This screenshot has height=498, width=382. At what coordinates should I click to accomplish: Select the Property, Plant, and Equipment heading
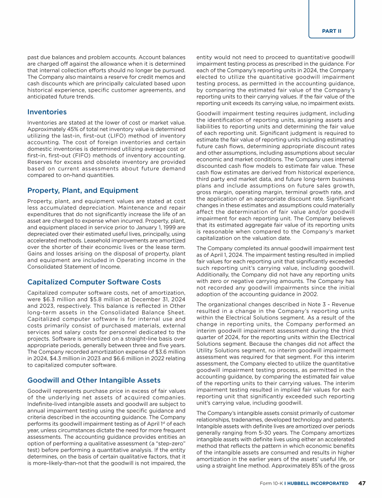coord(83,190)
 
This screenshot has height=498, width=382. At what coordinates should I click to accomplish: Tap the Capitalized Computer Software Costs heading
coord(94,282)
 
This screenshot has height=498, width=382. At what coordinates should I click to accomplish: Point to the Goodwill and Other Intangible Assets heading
coord(94,380)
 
